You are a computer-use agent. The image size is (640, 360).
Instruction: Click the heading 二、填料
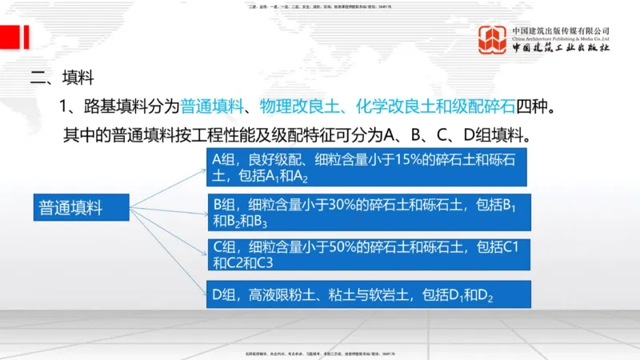[x=62, y=78]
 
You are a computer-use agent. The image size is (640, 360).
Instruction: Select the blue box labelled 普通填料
[x=80, y=208]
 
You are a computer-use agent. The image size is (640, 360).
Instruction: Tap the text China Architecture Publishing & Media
[x=562, y=38]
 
